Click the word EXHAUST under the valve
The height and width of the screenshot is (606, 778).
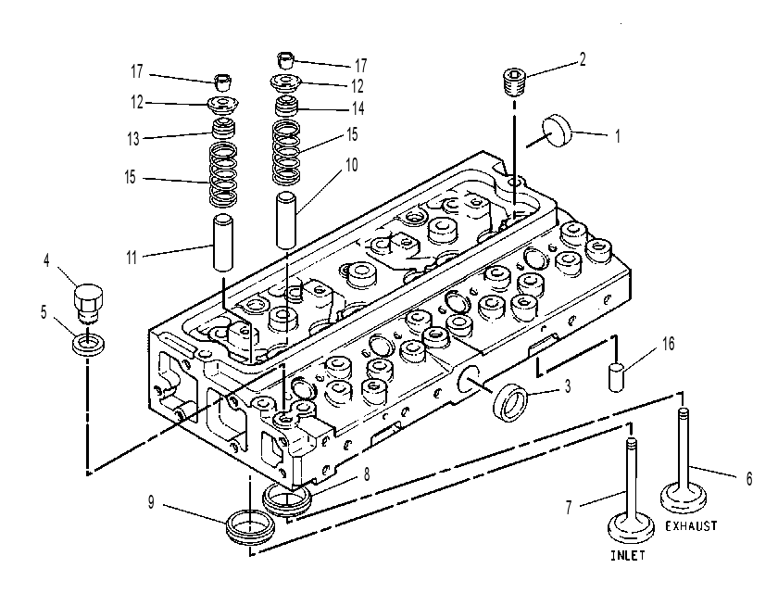pos(691,525)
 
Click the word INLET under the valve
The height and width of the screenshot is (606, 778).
pos(628,555)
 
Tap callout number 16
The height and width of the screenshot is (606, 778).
pos(669,344)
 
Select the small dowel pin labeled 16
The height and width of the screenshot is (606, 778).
pos(616,377)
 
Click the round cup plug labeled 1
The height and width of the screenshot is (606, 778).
pos(558,131)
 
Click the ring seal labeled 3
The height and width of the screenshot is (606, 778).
pos(509,402)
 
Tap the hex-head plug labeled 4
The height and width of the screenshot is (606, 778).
pos(89,301)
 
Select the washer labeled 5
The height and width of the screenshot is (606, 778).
pos(88,345)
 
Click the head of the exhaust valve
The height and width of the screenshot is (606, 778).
pos(684,498)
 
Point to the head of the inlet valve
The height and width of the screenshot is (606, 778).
pos(631,528)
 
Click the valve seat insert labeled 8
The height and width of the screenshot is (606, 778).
pos(287,500)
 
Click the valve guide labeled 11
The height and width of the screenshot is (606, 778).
pos(223,242)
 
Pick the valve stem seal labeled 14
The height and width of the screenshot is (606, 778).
pos(287,107)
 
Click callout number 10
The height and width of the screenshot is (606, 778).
pos(351,165)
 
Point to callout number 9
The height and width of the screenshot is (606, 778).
pos(151,503)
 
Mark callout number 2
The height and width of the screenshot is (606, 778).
pos(583,59)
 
